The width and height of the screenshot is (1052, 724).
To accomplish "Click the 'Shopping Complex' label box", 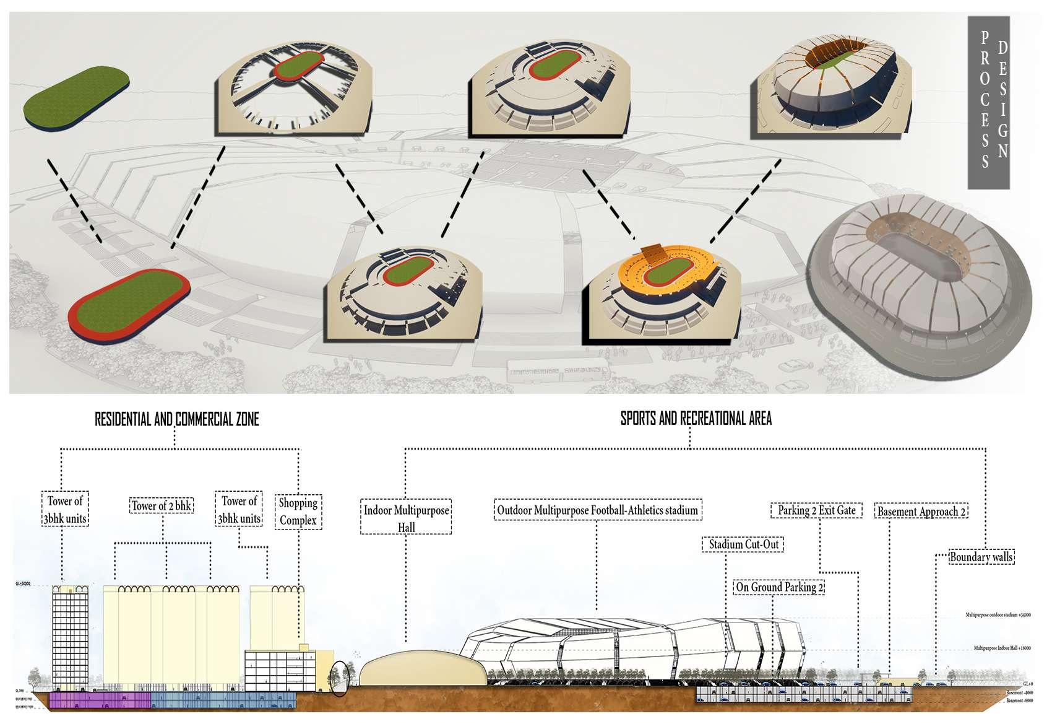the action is click(298, 512).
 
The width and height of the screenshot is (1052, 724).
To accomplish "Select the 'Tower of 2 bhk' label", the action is click(162, 506).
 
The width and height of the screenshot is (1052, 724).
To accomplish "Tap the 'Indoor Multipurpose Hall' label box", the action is click(407, 518).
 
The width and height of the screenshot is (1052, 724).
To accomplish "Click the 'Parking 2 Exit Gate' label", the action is click(817, 510).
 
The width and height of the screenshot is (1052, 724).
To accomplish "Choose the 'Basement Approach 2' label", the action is click(922, 512).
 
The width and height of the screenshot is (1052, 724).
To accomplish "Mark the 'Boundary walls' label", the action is click(981, 557).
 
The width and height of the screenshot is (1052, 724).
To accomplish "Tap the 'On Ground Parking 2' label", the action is click(779, 587).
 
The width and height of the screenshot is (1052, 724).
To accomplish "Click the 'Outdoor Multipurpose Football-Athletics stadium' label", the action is click(598, 511).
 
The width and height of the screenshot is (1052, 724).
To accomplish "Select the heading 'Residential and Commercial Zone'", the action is click(177, 419).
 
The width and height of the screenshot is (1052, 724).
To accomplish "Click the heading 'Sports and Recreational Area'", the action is click(696, 419).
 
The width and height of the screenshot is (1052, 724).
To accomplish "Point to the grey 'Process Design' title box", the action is click(988, 103).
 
